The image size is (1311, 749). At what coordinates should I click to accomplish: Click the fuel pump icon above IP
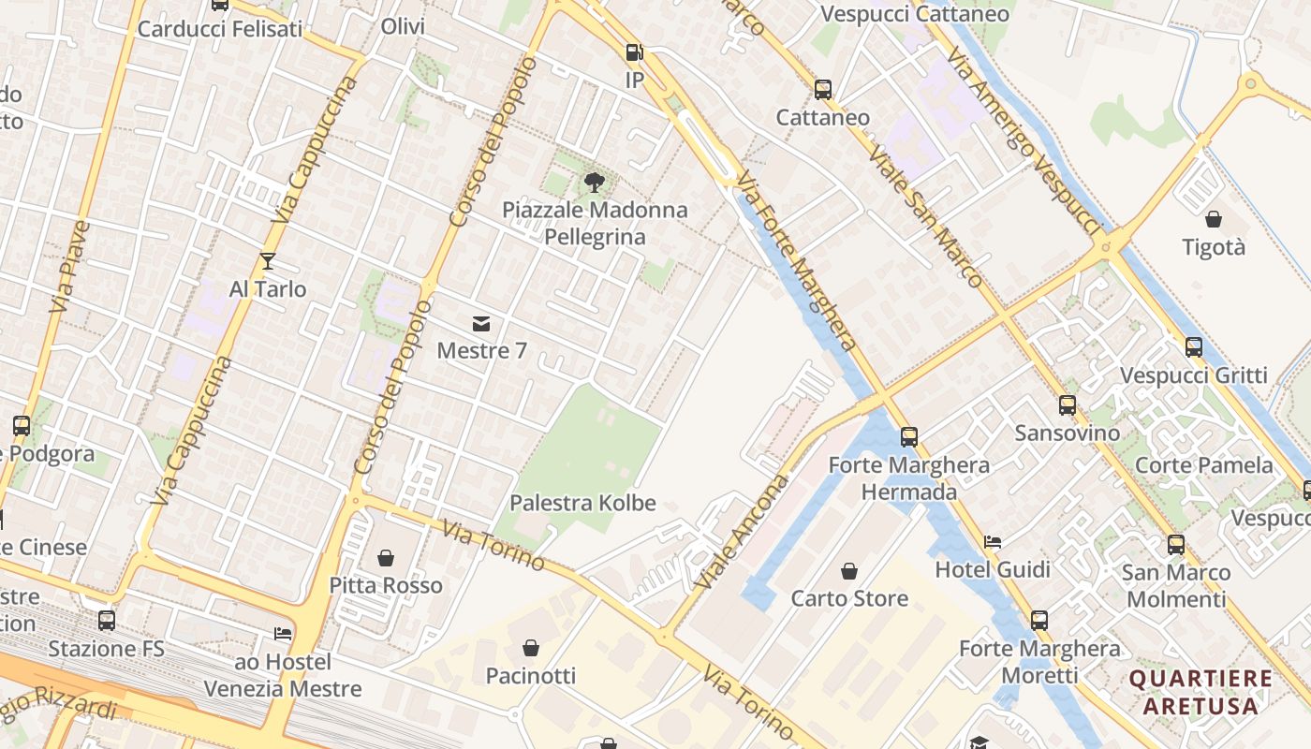634,52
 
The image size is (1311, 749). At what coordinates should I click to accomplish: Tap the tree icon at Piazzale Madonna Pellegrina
594,182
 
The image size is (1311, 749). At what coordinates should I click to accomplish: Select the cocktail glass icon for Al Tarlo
268,261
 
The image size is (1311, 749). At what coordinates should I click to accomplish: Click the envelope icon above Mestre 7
481,324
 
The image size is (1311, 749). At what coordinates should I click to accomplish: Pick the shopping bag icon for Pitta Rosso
386,559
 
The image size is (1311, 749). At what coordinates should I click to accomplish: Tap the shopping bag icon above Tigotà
1214,220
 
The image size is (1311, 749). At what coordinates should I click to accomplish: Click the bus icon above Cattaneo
823,90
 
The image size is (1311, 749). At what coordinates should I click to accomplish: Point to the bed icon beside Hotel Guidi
993,542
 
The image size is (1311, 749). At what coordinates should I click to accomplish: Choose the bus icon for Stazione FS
107,621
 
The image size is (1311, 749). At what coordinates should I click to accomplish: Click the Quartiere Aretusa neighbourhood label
1201,692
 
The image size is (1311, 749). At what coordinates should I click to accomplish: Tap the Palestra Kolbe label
582,503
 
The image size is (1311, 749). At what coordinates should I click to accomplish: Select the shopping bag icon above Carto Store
849,571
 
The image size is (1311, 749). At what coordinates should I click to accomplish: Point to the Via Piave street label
70,267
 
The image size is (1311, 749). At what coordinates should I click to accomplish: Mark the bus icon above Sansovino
1068,405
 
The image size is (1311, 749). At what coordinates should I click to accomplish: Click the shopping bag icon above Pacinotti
531,648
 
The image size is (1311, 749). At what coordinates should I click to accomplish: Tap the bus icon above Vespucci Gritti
1194,347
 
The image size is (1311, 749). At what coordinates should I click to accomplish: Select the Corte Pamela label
1204,465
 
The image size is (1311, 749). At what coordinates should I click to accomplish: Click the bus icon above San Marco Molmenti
1176,545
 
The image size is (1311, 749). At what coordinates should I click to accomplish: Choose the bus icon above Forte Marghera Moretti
1039,621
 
